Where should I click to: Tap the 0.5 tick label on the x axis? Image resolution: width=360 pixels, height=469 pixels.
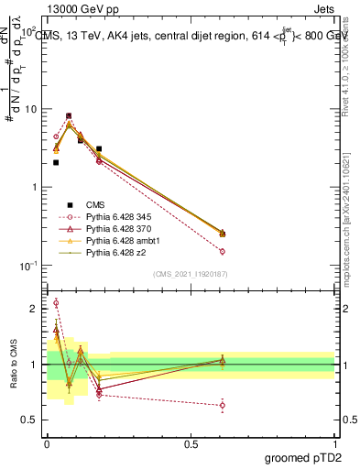[191, 442]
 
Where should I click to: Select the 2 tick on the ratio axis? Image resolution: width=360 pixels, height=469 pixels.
[34, 310]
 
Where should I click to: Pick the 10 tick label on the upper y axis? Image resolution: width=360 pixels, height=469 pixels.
[28, 109]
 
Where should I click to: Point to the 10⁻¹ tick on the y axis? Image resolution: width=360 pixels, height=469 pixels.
[27, 266]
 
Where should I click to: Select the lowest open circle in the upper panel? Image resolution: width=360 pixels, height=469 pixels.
[223, 251]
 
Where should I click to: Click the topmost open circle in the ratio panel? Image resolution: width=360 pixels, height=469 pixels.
[56, 303]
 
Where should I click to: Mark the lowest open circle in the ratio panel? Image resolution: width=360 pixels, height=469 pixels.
[223, 405]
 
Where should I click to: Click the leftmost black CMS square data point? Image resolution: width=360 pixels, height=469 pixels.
[56, 162]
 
